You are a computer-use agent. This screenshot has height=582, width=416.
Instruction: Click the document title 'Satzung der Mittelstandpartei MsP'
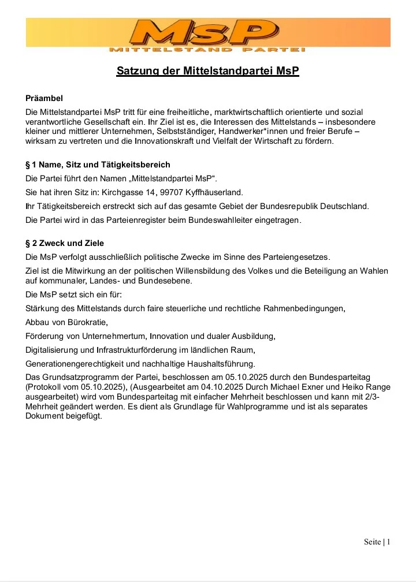[x=208, y=72]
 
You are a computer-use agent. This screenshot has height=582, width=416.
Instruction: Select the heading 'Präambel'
[x=44, y=98]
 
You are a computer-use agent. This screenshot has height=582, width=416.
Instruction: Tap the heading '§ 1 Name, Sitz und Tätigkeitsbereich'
[x=98, y=165]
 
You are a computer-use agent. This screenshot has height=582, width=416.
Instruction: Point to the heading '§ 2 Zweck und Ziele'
[x=65, y=243]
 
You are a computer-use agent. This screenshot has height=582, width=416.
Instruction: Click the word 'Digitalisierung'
[x=53, y=349]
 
